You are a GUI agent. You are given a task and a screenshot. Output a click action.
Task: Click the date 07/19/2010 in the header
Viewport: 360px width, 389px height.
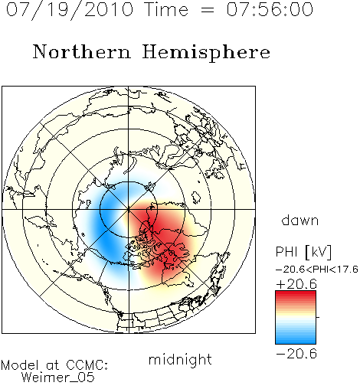pyautogui.click(x=70, y=10)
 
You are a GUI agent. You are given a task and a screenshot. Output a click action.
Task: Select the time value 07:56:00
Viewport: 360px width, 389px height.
pyautogui.click(x=270, y=9)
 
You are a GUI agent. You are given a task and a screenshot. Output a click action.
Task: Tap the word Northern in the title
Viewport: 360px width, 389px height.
pyautogui.click(x=82, y=51)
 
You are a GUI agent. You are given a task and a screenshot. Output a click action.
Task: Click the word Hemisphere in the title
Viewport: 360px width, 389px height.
pyautogui.click(x=206, y=52)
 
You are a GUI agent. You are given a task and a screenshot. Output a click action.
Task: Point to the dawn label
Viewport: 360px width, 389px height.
pyautogui.click(x=300, y=220)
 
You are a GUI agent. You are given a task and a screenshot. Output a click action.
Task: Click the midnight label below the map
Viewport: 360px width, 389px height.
pyautogui.click(x=180, y=359)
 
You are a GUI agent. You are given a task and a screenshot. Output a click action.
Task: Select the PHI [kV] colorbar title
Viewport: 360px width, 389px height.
pyautogui.click(x=303, y=252)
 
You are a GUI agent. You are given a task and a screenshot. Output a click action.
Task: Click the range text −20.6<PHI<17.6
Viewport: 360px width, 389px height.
pyautogui.click(x=317, y=270)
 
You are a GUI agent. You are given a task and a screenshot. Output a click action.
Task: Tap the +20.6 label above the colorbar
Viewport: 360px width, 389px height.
pyautogui.click(x=296, y=284)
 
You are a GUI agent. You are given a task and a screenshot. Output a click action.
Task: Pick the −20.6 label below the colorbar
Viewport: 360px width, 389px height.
pyautogui.click(x=296, y=354)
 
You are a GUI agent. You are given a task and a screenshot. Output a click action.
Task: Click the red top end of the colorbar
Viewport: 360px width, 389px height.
pyautogui.click(x=296, y=293)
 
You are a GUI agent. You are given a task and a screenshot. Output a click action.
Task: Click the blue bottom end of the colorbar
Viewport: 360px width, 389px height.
pyautogui.click(x=296, y=341)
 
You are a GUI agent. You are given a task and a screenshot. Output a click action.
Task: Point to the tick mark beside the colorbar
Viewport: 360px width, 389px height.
pyautogui.click(x=318, y=317)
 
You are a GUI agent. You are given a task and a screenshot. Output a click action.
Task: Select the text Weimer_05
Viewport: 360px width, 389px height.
pyautogui.click(x=58, y=378)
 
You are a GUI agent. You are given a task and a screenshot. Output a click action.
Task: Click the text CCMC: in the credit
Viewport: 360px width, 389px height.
pyautogui.click(x=87, y=365)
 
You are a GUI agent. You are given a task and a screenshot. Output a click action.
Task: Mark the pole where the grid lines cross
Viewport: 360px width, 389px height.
pyautogui.click(x=129, y=209)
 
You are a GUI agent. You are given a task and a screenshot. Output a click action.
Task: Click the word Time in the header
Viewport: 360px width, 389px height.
pyautogui.click(x=166, y=9)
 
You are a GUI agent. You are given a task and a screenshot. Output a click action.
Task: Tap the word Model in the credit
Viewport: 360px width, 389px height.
pyautogui.click(x=20, y=365)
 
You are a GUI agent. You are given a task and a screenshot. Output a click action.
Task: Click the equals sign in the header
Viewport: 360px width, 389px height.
pyautogui.click(x=208, y=10)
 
